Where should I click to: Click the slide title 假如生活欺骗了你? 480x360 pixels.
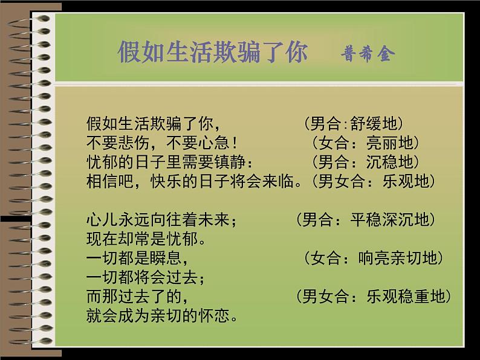pos(213,53)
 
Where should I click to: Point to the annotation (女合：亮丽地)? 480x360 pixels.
pos(365,143)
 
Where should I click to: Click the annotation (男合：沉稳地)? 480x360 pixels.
pos(365,162)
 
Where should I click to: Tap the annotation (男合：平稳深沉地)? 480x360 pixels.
pos(366,219)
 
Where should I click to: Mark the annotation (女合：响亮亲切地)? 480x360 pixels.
pos(374,259)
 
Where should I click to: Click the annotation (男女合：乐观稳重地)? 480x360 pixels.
pos(374,297)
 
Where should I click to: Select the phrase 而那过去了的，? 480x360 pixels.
pos(138,297)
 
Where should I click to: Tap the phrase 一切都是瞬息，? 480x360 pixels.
pos(138,259)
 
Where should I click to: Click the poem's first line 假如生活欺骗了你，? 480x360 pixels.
pos(151,124)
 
